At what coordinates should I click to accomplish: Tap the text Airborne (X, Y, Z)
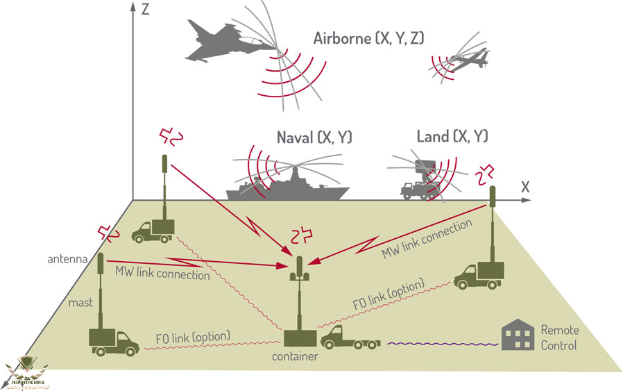coord(368,38)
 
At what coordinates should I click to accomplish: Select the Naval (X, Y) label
coord(314,138)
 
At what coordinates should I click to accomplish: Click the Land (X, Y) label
coord(452,136)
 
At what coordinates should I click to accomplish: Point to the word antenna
coord(67,260)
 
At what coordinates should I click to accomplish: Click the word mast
coord(80,303)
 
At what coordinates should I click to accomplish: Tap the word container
coord(295,357)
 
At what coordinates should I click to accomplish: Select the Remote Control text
coord(558,338)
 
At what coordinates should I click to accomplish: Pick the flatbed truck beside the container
coord(349,339)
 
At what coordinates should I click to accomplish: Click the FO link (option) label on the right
coord(388,294)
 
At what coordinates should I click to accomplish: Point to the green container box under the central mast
coord(300,338)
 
